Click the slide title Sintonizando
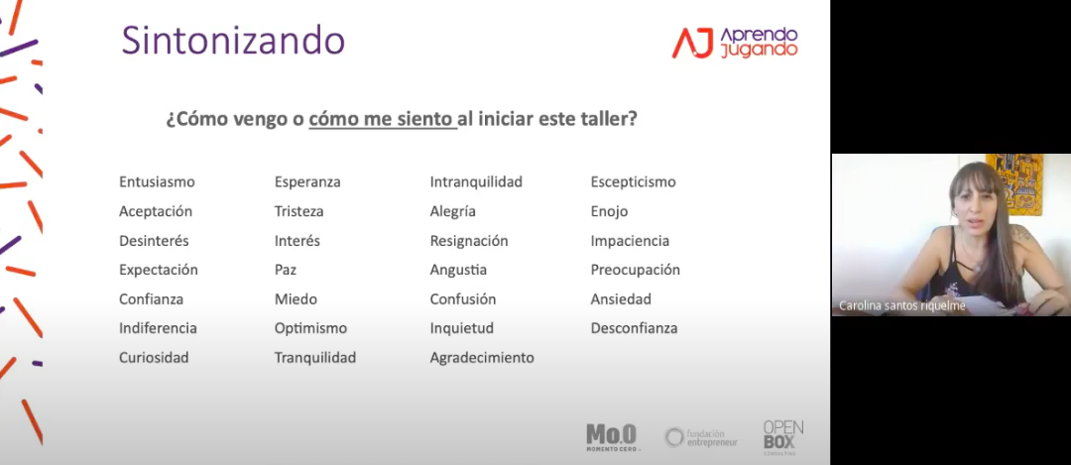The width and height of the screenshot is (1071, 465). coord(233,41)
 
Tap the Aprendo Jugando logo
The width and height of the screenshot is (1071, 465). coord(735,43)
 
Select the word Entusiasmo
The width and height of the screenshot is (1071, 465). coord(157,182)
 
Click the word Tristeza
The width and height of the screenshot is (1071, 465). coord(299,211)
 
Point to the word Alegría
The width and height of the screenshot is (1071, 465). coord(453,211)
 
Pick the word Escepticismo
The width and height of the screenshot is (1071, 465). coord(633,182)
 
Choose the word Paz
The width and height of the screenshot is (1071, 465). coord(286,270)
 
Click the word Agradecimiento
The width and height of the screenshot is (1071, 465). coord(482,358)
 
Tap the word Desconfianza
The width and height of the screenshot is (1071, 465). coord(634,328)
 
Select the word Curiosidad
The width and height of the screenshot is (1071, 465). coord(154,358)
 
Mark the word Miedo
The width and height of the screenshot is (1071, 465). coord(296,299)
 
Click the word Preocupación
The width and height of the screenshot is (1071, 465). coord(636,270)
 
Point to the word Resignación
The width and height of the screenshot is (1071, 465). coord(469,241)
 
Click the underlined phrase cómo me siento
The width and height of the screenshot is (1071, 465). coord(382,120)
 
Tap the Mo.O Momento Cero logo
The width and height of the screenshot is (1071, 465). coord(611,437)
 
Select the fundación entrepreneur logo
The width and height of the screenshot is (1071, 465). coord(701,437)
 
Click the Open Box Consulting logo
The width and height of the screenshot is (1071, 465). coord(782,437)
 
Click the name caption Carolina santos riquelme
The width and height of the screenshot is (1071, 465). coord(902,306)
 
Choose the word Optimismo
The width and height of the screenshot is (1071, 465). coord(310,328)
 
